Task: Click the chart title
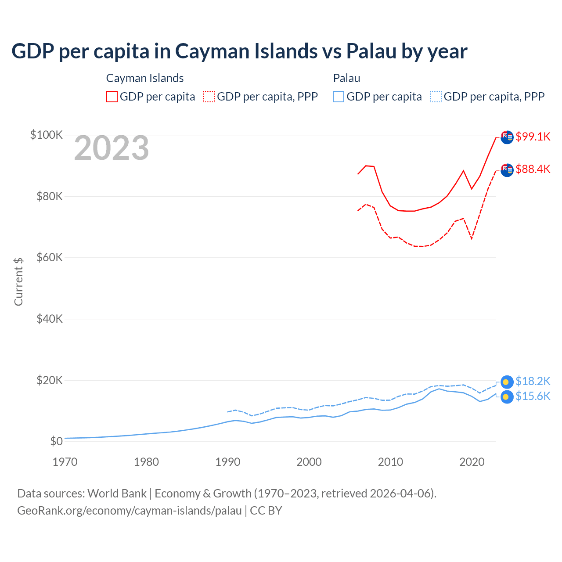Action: click(239, 51)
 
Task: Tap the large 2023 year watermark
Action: click(112, 148)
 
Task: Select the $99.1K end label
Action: click(533, 137)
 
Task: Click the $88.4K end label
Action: click(533, 169)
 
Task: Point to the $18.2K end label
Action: click(533, 381)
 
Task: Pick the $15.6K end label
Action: click(533, 396)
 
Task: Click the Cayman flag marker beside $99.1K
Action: click(507, 137)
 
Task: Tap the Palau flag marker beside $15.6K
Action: click(507, 397)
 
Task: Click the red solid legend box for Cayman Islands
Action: click(112, 97)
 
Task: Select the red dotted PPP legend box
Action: click(209, 97)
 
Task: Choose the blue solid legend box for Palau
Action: click(339, 97)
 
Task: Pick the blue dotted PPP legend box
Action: click(436, 97)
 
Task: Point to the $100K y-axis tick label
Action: click(47, 135)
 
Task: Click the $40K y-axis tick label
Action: click(50, 319)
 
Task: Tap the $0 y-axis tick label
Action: click(56, 441)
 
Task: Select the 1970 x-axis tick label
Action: click(65, 462)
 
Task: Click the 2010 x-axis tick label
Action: click(390, 462)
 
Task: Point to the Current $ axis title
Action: click(18, 281)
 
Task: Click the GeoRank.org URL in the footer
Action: click(130, 511)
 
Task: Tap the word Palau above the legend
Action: click(346, 78)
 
